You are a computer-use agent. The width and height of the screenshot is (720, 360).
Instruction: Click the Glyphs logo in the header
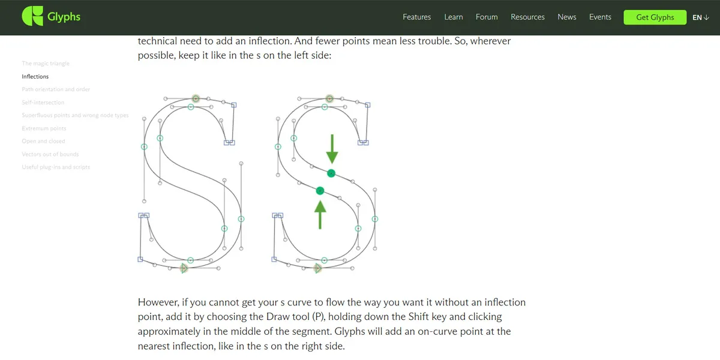tap(51, 17)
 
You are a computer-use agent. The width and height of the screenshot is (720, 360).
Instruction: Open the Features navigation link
tap(416, 17)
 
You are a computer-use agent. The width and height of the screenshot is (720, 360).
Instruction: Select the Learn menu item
tap(453, 17)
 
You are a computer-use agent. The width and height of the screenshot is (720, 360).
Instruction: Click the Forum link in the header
tap(487, 17)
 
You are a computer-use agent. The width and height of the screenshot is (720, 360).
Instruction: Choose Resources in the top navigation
tap(527, 17)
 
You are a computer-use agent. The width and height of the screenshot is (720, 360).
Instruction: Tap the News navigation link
tap(566, 17)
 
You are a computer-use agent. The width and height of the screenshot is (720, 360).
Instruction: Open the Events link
tap(600, 17)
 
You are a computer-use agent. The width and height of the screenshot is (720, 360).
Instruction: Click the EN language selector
tap(700, 17)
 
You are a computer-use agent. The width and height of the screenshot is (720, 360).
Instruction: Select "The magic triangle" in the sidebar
tap(46, 64)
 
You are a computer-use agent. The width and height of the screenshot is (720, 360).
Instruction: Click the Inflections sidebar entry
tap(35, 77)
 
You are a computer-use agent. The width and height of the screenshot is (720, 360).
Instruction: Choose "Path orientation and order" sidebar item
tap(56, 89)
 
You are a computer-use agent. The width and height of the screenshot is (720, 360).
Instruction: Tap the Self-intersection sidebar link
tap(43, 103)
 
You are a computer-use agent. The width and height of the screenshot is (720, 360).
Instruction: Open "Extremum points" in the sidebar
tap(44, 128)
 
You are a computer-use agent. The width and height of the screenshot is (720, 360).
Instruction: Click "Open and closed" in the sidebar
tap(43, 142)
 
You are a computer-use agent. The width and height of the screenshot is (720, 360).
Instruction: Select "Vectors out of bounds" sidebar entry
tap(50, 154)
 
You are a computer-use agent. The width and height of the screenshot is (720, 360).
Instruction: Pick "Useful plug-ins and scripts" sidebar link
tap(56, 167)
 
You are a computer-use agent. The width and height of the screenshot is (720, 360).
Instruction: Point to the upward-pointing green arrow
tap(320, 214)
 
